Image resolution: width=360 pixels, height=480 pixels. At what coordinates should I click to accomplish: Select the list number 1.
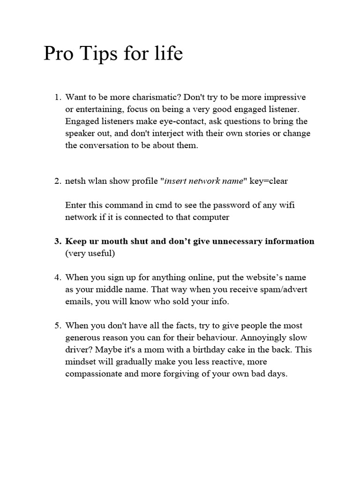(57, 97)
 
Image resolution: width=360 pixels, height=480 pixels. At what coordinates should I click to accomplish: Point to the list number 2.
(57, 181)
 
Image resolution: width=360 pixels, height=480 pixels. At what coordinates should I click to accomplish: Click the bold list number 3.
(57, 241)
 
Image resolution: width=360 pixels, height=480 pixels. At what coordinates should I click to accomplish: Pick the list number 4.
(57, 277)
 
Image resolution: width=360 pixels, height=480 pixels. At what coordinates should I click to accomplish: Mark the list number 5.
(57, 325)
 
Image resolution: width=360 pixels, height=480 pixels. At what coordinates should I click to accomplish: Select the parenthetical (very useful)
(90, 254)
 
